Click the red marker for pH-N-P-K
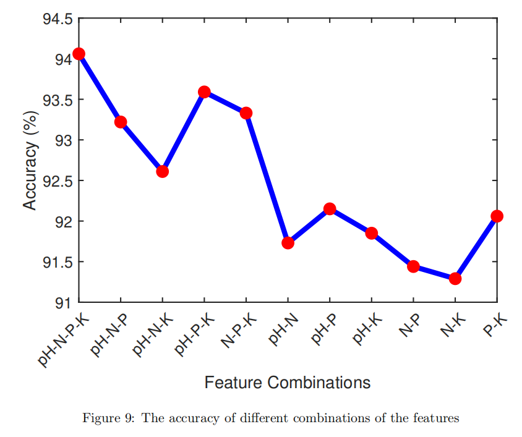[79, 54]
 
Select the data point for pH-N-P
[121, 122]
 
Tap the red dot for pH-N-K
[162, 171]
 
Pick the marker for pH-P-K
[204, 92]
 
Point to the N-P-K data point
[246, 113]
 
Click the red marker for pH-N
[288, 243]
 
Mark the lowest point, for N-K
[455, 279]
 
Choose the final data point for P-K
[497, 216]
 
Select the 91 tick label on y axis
[64, 303]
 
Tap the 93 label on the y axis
[64, 140]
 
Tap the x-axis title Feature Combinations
[288, 383]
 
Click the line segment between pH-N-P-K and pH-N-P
[100, 88]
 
